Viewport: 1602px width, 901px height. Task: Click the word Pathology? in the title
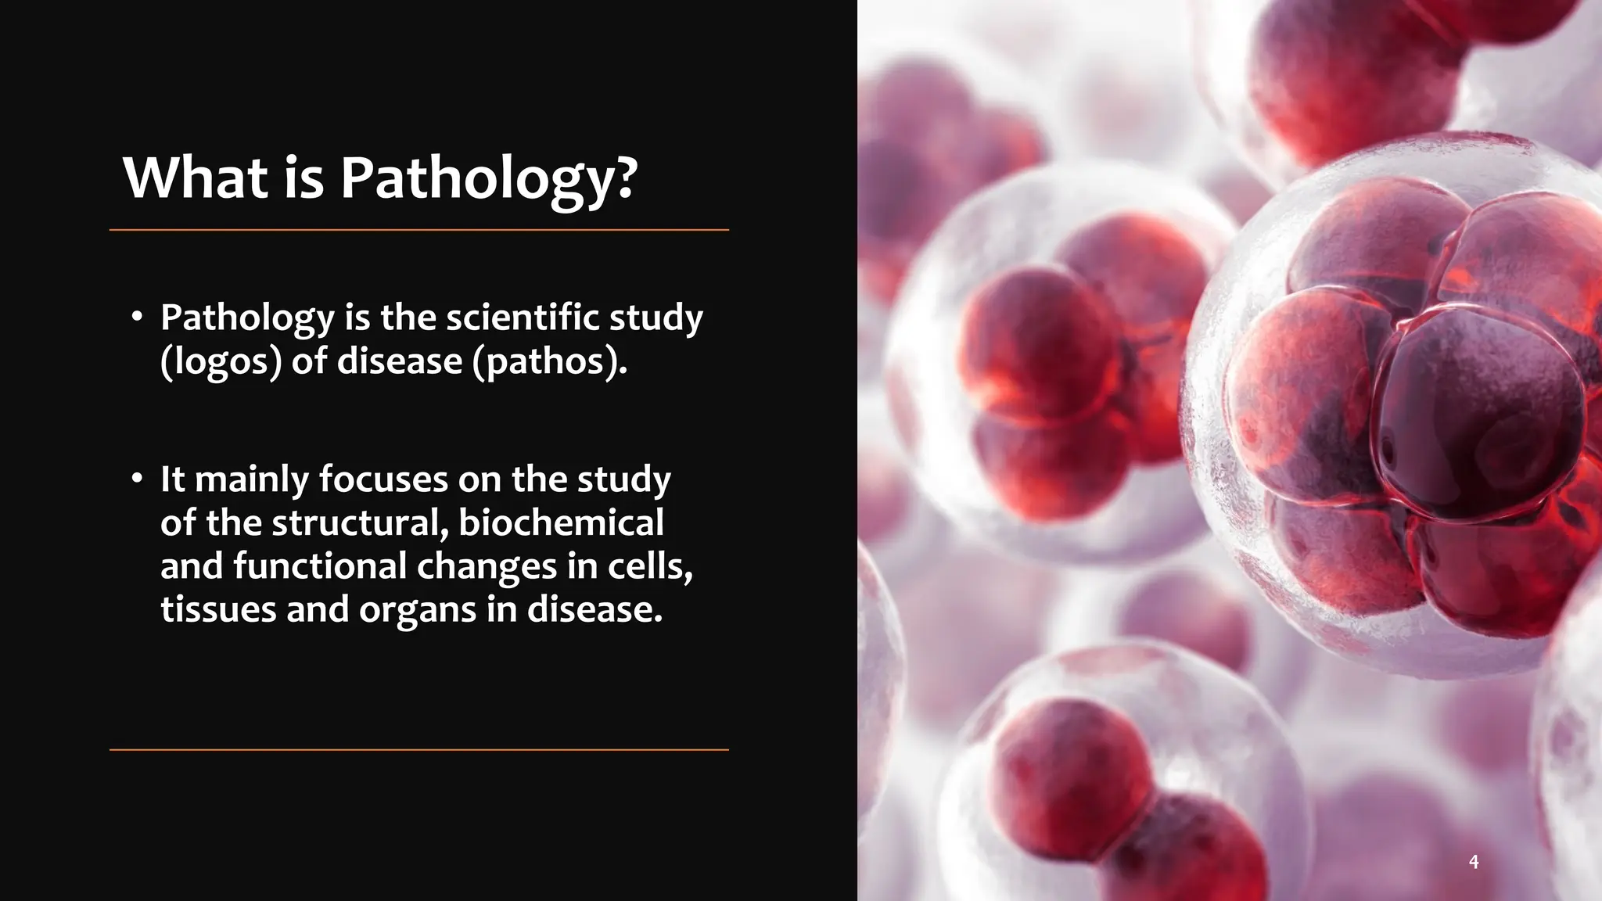(489, 178)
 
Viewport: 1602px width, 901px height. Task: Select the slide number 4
(1474, 862)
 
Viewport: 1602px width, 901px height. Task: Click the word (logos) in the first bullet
(221, 361)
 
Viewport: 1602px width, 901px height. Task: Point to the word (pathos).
(550, 361)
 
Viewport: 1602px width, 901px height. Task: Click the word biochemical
(561, 522)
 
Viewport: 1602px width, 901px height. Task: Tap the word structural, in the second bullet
(360, 522)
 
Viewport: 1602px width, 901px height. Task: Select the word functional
(320, 566)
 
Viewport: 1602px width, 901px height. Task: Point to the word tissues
(218, 610)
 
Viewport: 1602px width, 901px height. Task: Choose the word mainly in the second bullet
(252, 479)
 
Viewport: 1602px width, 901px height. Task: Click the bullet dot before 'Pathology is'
(138, 318)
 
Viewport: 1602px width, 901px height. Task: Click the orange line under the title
(419, 230)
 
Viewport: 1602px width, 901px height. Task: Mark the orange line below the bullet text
(419, 749)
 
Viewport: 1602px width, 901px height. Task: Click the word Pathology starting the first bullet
(248, 318)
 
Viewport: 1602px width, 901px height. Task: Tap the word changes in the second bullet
(487, 566)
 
